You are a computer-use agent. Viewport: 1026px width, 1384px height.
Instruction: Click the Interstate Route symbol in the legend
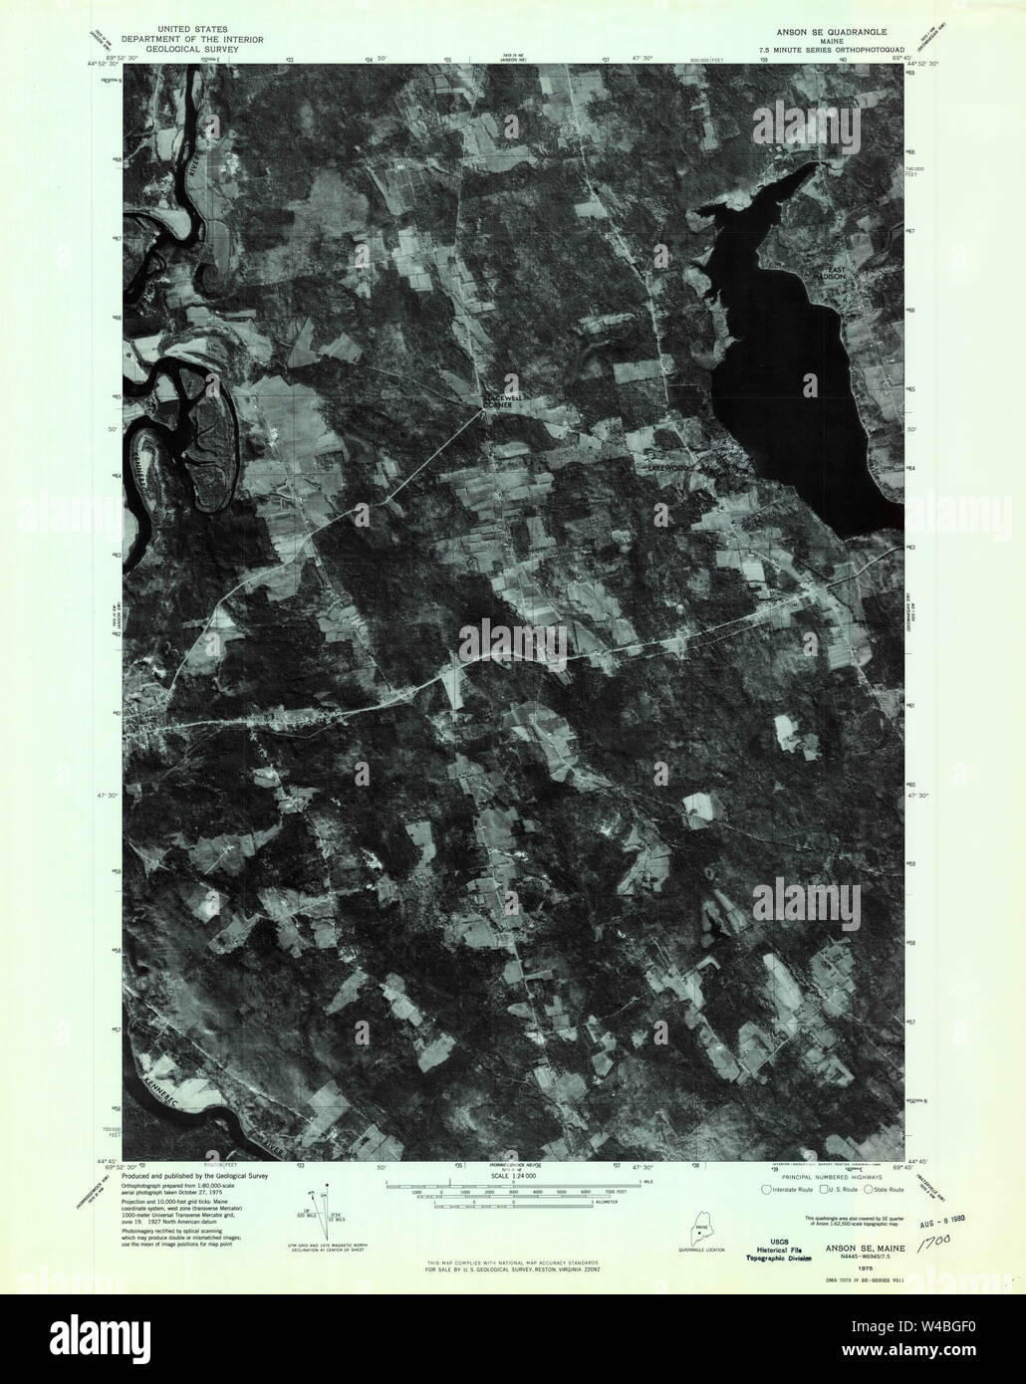(x=765, y=1189)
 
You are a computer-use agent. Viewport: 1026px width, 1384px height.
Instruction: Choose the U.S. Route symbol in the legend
(x=816, y=1189)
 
